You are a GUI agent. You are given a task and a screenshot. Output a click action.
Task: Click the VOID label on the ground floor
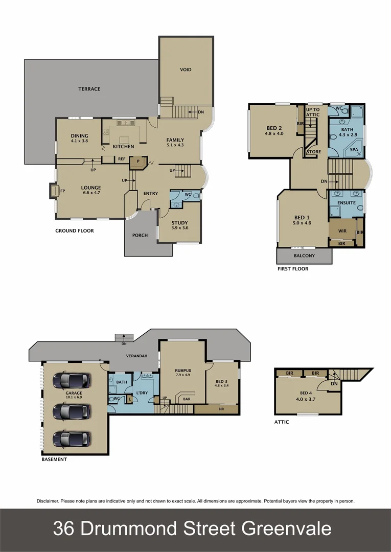coord(186,70)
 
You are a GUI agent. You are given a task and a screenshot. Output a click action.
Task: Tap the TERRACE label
coord(89,89)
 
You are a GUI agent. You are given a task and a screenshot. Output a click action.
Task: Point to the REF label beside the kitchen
coord(122,159)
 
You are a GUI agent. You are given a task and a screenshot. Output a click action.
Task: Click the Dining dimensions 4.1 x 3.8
coord(80,141)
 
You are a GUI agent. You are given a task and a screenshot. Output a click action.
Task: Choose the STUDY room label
coord(179,222)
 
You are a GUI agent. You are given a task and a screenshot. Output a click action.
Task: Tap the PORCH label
coord(140,235)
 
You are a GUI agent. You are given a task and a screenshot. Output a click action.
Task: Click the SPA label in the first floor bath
coord(353,150)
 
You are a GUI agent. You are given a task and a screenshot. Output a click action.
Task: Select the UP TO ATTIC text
coord(313,112)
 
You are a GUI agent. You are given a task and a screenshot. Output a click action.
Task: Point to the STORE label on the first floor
coord(313,152)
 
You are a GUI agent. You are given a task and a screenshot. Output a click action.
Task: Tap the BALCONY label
coord(304,256)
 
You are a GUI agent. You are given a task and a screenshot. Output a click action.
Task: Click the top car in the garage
coord(72,380)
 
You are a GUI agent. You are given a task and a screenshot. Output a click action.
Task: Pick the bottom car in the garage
coord(72,439)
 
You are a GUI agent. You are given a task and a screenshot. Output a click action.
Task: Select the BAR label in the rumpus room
coord(187,399)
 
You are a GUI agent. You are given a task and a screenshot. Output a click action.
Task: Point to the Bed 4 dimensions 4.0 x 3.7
coord(305,400)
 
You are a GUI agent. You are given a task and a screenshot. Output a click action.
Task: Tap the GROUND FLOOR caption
coord(75,231)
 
